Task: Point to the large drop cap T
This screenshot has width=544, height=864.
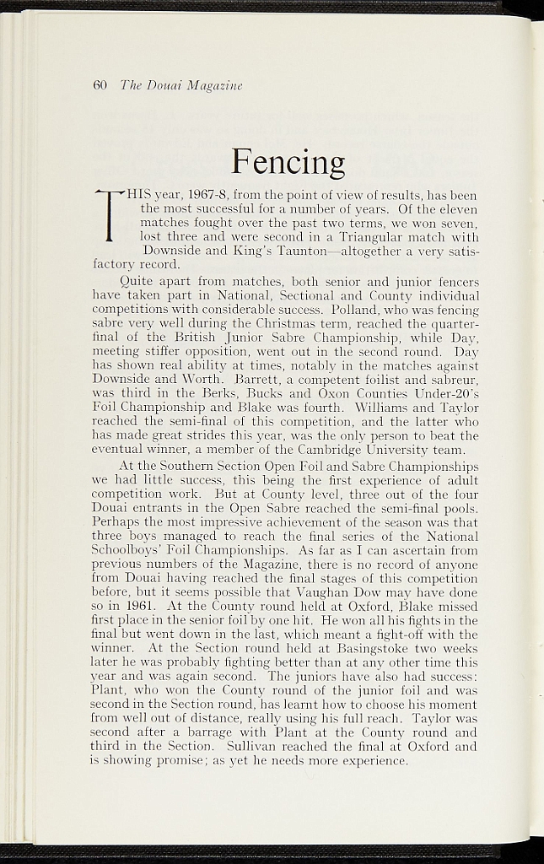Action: coord(110,221)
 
